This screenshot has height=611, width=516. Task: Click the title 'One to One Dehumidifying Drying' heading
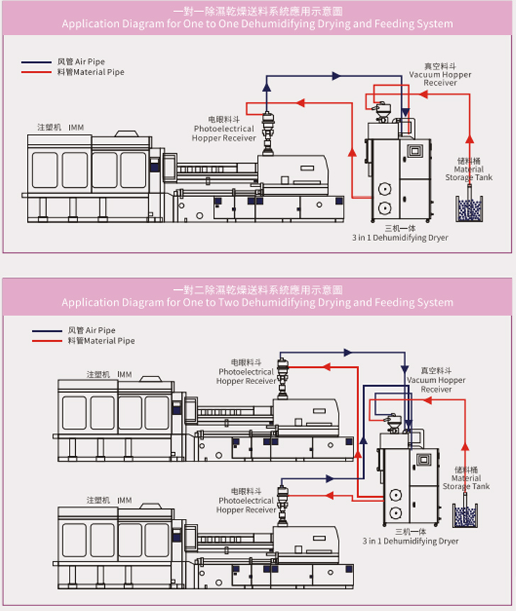click(257, 23)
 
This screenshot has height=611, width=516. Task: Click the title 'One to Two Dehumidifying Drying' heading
click(257, 302)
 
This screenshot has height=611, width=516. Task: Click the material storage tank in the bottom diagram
click(465, 515)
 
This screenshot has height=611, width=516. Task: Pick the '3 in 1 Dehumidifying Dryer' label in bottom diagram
click(410, 541)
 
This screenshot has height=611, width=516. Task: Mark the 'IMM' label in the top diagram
click(76, 128)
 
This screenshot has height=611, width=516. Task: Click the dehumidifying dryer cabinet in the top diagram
click(397, 177)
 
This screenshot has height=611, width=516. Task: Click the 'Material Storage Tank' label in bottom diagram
click(466, 479)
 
